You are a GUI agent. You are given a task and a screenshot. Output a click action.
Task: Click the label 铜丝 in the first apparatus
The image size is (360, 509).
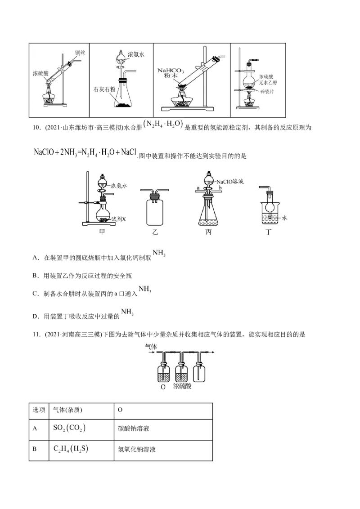[80, 53]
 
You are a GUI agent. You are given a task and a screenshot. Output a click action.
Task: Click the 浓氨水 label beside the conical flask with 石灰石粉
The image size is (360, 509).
[136, 54]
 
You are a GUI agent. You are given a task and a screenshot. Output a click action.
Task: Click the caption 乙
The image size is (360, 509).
[156, 232]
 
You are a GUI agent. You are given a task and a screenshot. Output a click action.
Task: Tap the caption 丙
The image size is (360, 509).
[208, 232]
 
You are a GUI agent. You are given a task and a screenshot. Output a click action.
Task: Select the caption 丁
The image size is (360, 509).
[270, 232]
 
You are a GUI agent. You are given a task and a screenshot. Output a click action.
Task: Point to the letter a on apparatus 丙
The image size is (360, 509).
[198, 187]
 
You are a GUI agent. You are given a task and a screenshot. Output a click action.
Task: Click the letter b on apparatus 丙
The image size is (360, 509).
[220, 187]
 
